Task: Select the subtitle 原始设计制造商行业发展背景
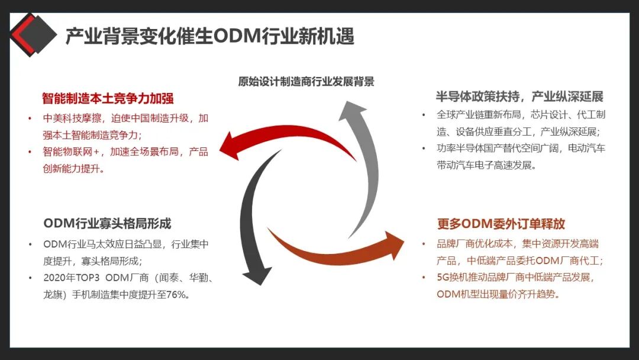point(306,82)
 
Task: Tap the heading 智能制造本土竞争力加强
point(108,98)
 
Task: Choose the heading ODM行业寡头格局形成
point(107,223)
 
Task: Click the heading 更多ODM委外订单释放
point(501,224)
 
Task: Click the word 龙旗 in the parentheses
point(54,294)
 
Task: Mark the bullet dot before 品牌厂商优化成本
point(424,243)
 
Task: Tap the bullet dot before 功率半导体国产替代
point(424,148)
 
